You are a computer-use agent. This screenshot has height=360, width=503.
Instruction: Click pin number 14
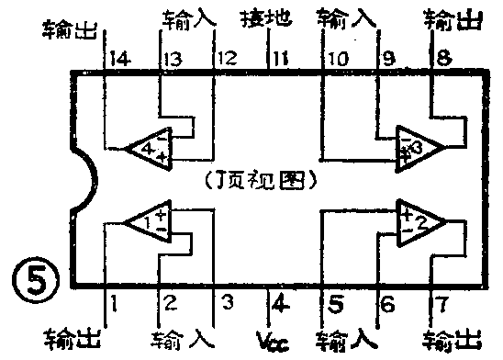pos(117,60)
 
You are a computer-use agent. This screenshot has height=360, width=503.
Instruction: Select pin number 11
pos(280,60)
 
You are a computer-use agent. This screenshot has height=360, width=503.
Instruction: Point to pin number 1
pos(114,299)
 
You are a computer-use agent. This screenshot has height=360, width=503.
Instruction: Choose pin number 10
pos(337,60)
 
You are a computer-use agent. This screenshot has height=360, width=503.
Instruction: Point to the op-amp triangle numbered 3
pos(419,145)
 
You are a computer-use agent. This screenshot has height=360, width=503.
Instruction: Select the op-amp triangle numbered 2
pos(419,219)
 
